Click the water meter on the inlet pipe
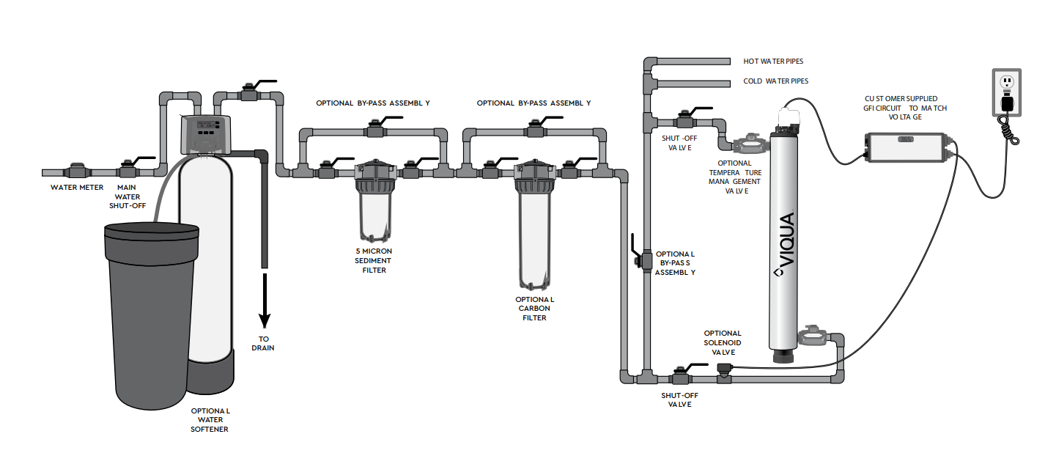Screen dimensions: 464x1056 pyautogui.click(x=77, y=173)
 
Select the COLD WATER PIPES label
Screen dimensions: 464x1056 pyautogui.click(x=775, y=81)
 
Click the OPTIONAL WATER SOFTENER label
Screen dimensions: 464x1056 pyautogui.click(x=210, y=420)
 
